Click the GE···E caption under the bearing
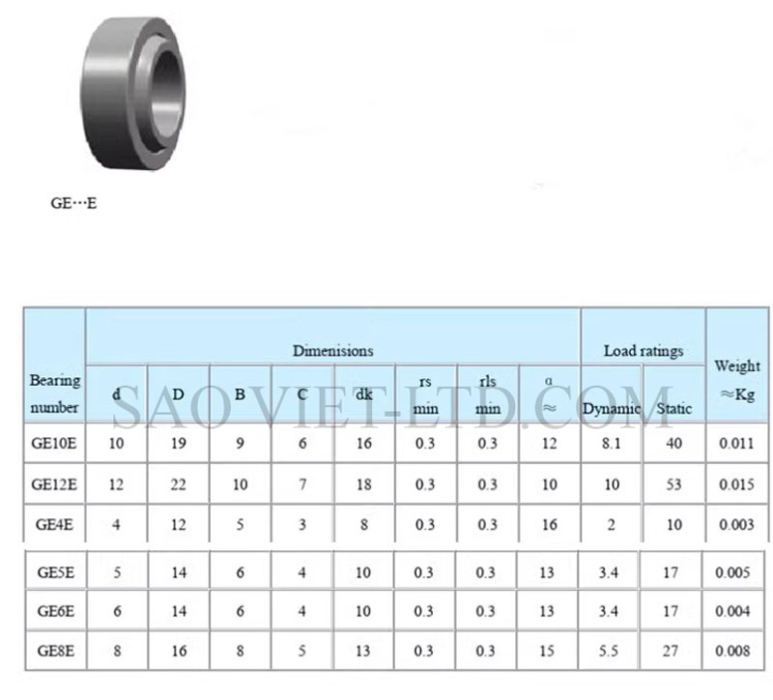(x=74, y=203)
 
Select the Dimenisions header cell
(x=332, y=351)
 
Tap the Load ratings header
(x=644, y=351)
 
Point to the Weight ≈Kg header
(x=737, y=380)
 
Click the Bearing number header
(x=55, y=394)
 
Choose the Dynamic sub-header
(x=612, y=408)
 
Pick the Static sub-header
(x=673, y=408)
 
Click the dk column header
(x=364, y=394)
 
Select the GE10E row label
(x=54, y=443)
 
